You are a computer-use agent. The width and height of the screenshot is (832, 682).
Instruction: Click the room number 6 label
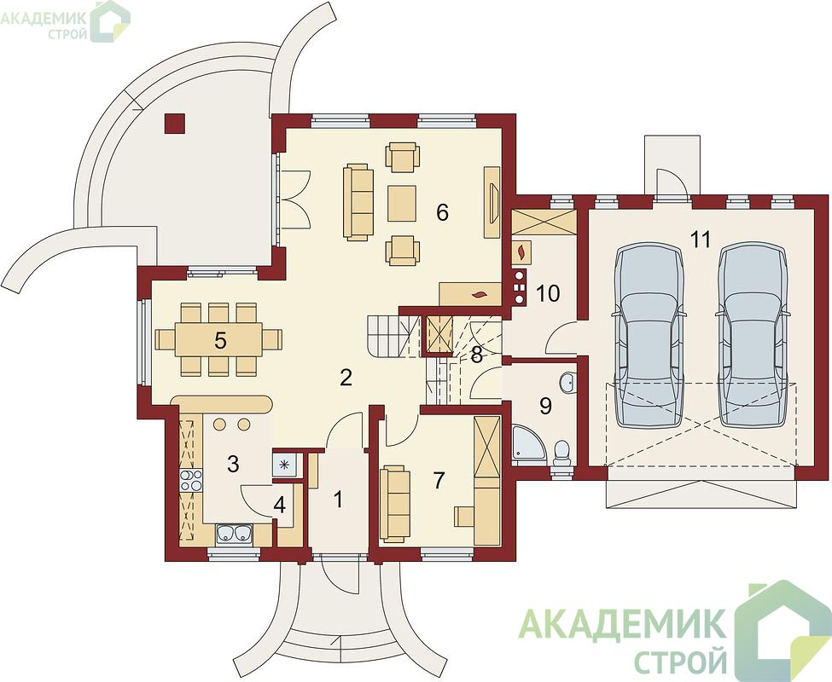point(442,212)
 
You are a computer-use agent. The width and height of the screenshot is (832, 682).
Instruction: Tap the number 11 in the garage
point(701,240)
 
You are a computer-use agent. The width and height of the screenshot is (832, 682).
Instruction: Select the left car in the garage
point(649,335)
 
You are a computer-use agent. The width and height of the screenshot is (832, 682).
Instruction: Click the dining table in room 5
point(218,339)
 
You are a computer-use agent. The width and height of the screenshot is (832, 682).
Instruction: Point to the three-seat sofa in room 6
point(358,202)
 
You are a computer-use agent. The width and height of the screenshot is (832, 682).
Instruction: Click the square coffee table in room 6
point(402,203)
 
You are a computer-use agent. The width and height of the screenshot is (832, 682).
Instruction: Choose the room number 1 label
point(338,500)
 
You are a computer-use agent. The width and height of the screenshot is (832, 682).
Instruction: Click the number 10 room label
point(548,293)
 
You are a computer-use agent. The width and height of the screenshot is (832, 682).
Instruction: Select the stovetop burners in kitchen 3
point(191,480)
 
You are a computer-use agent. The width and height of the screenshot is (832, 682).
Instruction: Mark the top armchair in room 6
point(403,157)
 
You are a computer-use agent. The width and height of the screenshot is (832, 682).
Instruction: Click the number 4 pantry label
point(279,506)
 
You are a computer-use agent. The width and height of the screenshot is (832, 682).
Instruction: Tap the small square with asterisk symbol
point(285,465)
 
